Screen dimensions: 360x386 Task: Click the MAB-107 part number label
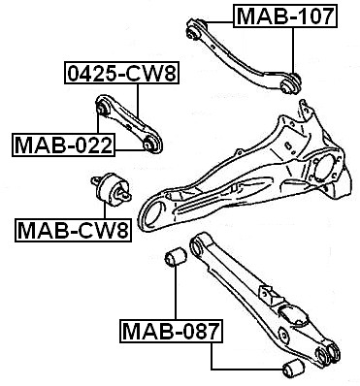285,16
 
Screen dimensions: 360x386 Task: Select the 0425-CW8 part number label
121,73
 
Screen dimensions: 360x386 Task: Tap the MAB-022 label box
63,145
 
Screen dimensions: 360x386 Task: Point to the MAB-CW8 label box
73,230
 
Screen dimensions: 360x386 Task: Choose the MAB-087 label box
172,331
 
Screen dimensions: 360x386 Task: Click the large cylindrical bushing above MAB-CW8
112,190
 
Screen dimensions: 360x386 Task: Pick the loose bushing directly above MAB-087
176,257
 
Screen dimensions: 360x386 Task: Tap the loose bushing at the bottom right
293,368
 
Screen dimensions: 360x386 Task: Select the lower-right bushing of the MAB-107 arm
290,83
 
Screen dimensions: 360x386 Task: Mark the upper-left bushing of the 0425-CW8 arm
103,107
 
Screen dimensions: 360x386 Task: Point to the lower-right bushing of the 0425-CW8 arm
150,145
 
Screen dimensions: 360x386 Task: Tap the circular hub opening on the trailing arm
324,169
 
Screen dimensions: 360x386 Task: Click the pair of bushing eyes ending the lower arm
328,355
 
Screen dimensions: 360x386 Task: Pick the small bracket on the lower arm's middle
267,294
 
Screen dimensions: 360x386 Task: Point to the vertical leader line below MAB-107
293,51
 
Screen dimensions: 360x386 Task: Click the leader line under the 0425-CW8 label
138,101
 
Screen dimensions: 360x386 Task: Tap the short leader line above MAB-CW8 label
105,211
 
